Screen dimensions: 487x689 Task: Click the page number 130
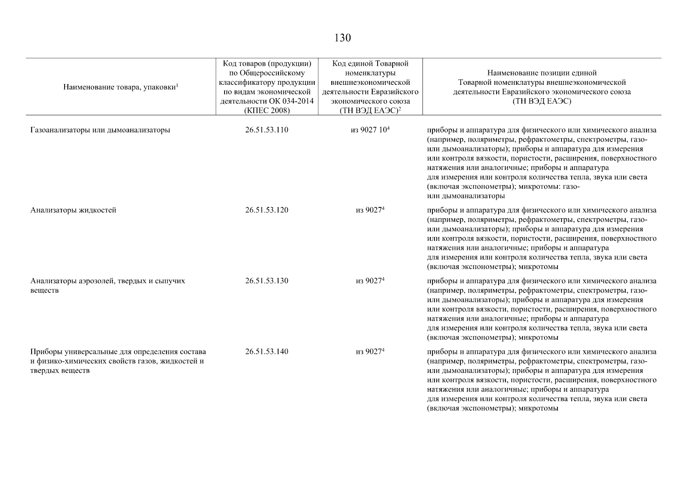coord(342,38)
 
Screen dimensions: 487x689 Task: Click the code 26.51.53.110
coord(267,130)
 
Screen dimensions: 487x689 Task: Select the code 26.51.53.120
coord(267,210)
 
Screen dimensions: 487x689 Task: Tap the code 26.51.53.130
coord(267,281)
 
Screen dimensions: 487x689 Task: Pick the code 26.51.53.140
coord(267,351)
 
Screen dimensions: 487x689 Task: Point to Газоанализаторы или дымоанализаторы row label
coord(100,130)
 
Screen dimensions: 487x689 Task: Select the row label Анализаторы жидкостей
coord(73,210)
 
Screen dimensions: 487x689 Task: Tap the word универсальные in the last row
coord(84,351)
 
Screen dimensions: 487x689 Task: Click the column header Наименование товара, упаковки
coord(121,87)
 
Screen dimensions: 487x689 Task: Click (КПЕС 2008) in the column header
coord(267,110)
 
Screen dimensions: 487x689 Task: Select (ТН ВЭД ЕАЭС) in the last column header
coord(542,101)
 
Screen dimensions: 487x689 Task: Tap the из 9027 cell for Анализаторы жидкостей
coord(369,210)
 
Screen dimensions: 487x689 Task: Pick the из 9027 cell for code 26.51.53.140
coord(369,351)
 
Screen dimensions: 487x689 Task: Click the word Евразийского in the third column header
coord(395,92)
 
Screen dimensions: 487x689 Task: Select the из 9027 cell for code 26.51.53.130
coord(369,281)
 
